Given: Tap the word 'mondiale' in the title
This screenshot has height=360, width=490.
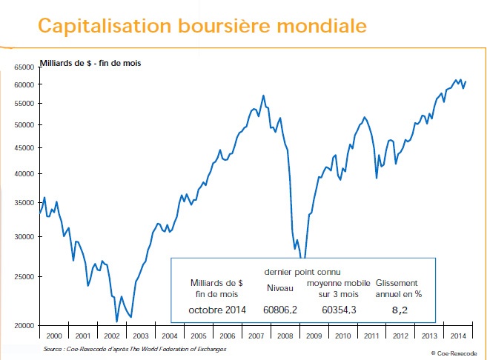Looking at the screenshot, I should (x=323, y=26).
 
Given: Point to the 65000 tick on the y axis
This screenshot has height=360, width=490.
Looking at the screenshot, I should (x=24, y=67).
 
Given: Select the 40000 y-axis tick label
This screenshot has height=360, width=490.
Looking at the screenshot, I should (x=24, y=174).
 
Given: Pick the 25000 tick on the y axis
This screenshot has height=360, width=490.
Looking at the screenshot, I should (x=24, y=277).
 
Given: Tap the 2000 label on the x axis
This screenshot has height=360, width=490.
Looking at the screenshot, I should (x=53, y=335).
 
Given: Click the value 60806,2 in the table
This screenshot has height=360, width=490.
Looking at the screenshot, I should (x=281, y=309).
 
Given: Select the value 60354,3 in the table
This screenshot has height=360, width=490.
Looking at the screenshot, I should (x=340, y=309).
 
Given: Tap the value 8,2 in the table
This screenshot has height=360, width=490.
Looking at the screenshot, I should (x=400, y=309).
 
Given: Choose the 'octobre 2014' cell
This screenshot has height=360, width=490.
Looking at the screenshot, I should (x=216, y=309).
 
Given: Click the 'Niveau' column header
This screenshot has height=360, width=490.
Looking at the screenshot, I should (x=280, y=288).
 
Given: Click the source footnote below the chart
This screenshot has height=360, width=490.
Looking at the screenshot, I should (x=134, y=348).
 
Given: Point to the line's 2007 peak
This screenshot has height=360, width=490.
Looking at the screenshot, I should (x=263, y=96).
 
